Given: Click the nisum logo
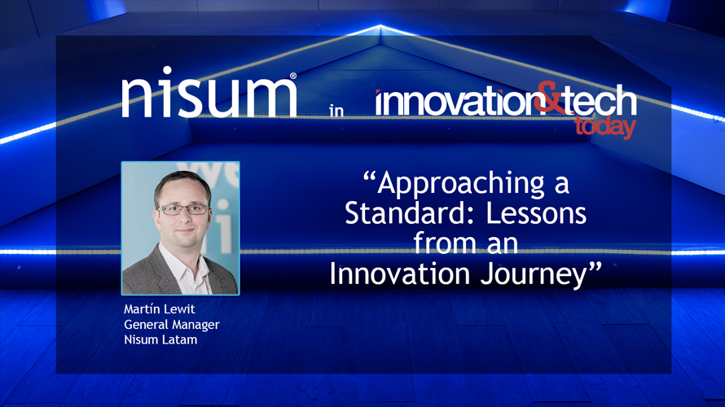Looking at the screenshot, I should coord(209,98).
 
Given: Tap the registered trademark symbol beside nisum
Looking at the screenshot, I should coord(293,77).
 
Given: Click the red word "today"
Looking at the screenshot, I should coord(604,127).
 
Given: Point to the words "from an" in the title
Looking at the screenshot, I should coord(465,244).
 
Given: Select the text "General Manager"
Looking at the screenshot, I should coord(172,325).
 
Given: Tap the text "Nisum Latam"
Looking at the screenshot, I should coord(160,339).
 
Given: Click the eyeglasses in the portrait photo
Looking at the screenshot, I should coord(183,209).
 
